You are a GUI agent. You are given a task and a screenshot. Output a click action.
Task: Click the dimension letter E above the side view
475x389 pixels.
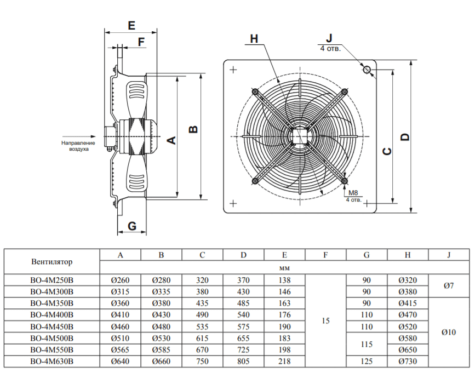click(131, 25)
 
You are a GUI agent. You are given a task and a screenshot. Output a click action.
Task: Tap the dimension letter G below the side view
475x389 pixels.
click(132, 226)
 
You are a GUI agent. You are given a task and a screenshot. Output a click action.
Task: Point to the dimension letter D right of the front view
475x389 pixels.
click(405, 137)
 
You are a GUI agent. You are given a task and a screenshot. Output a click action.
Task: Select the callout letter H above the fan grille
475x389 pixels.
click(254, 39)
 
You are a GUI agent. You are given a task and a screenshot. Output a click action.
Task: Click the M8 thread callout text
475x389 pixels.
click(353, 193)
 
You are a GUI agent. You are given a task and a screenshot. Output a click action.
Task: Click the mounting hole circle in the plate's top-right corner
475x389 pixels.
click(367, 70)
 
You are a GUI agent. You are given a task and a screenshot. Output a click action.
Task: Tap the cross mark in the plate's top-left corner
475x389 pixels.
click(233, 70)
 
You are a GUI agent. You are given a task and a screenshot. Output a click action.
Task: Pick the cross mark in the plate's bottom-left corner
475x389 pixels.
click(233, 203)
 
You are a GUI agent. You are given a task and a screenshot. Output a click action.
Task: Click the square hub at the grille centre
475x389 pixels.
click(299, 136)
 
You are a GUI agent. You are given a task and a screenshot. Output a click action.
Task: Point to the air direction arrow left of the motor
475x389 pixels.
click(79, 136)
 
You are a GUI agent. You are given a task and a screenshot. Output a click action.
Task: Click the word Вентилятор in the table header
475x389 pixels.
click(52, 262)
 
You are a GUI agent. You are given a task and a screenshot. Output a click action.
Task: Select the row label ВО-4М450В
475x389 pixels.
click(52, 327)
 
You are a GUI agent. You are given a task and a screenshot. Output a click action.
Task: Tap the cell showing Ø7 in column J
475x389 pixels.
click(449, 285)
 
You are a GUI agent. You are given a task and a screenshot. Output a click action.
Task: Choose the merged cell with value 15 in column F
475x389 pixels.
click(325, 321)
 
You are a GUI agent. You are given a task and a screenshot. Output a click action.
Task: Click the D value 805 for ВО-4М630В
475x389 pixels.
click(243, 362)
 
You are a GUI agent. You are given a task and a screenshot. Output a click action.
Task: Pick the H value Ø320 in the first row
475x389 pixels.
click(408, 280)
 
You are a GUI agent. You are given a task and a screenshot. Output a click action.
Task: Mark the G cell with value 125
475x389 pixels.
click(367, 362)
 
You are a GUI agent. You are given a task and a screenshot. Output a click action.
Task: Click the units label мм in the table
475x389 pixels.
click(284, 268)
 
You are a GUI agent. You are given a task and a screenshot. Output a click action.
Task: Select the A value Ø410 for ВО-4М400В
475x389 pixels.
click(120, 315)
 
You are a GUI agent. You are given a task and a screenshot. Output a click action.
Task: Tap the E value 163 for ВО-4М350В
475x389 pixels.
click(284, 304)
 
